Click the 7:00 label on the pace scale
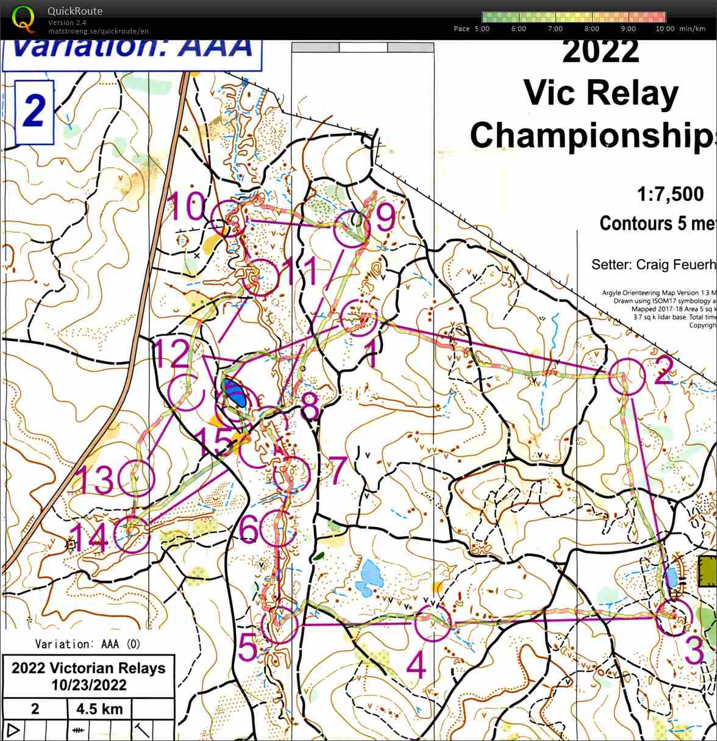(x=555, y=29)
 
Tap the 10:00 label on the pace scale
(x=665, y=29)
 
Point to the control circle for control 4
(x=432, y=624)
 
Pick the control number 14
(x=89, y=538)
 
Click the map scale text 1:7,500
(x=670, y=195)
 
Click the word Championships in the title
(x=591, y=134)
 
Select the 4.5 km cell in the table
(x=99, y=709)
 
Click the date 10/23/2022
(x=88, y=685)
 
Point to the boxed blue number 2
(x=34, y=112)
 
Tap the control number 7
(x=337, y=468)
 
